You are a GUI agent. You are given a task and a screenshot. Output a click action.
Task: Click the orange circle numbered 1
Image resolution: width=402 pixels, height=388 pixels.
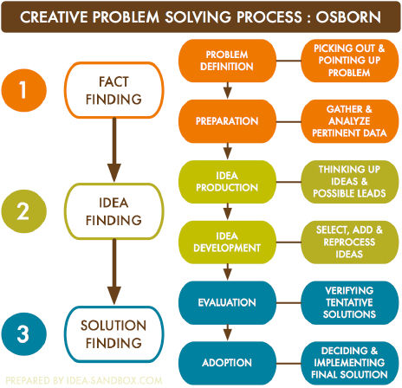point(24,90)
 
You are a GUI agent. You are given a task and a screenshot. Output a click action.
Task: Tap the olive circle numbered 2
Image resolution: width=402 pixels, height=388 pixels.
point(24,211)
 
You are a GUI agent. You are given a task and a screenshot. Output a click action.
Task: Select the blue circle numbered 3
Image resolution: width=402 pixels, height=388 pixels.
point(24,334)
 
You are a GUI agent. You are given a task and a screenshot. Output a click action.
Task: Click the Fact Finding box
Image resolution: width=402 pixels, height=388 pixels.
point(114,90)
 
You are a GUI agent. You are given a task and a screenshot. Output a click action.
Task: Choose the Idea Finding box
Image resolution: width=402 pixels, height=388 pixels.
point(114,211)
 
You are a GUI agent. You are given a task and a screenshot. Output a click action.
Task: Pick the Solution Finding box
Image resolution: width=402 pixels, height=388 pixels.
point(114,334)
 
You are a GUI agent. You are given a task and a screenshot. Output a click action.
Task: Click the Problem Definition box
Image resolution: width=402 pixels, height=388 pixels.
point(227,61)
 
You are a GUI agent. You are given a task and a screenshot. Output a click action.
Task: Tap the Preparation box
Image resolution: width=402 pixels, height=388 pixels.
point(227,121)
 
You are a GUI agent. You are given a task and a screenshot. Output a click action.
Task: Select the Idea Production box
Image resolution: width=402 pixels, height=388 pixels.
point(227,182)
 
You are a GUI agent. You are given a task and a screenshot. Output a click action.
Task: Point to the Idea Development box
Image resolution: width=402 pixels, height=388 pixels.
point(227,242)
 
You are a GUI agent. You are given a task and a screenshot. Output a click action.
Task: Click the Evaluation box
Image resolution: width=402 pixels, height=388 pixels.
point(227,303)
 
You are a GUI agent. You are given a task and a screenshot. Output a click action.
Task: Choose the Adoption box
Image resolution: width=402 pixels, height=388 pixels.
point(227,363)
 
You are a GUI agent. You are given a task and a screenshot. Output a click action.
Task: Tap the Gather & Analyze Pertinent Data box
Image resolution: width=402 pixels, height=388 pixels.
point(350,121)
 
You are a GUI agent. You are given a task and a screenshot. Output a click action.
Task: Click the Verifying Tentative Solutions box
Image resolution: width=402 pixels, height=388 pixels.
point(350,303)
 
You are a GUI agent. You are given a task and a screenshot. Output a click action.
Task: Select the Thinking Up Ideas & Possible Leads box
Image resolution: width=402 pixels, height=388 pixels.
point(350,182)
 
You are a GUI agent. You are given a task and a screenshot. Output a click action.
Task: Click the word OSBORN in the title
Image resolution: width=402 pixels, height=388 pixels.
point(348,17)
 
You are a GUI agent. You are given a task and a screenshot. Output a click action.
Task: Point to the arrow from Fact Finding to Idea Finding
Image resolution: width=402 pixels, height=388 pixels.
point(114,150)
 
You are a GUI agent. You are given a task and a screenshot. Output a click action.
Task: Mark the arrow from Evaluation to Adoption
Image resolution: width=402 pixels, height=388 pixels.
point(228,333)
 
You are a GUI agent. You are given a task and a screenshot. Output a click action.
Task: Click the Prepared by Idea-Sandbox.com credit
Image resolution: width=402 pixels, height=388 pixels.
point(84,380)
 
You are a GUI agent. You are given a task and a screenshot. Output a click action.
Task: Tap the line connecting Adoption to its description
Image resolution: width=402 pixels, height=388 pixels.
point(289,363)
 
